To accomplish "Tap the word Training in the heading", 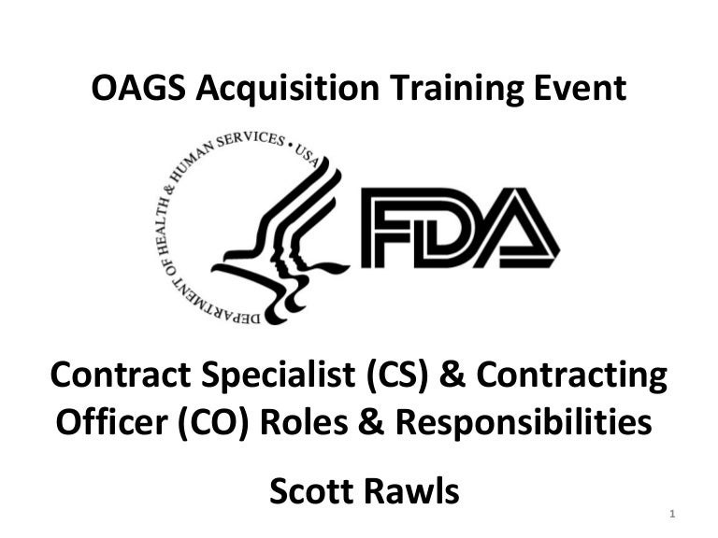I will pyautogui.click(x=436, y=90).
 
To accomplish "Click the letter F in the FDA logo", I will pyautogui.click(x=393, y=228).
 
